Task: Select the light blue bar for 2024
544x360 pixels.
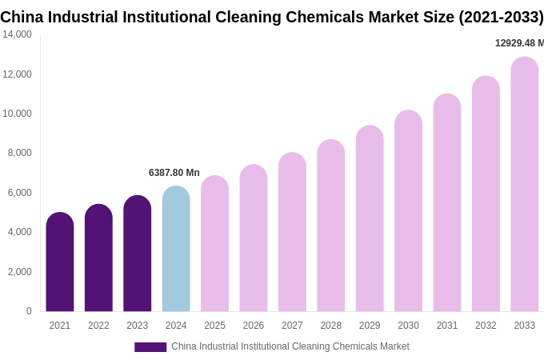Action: pos(176,249)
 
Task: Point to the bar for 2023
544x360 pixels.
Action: pos(138,254)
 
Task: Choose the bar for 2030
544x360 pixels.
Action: pos(408,211)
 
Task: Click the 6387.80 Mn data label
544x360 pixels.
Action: pos(174,173)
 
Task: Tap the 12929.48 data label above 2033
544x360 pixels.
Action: pos(519,43)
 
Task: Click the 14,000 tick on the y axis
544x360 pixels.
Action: pos(18,34)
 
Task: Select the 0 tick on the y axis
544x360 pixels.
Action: pos(29,311)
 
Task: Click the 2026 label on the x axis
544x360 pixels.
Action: pos(254,326)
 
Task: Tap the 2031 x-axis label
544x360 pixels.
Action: pos(447,326)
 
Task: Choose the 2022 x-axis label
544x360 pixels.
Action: pos(98,326)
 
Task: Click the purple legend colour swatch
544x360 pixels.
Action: pos(150,347)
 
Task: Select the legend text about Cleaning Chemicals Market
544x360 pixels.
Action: pos(290,346)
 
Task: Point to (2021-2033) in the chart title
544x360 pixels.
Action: pos(500,17)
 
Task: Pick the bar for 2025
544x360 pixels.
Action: pos(214,244)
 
